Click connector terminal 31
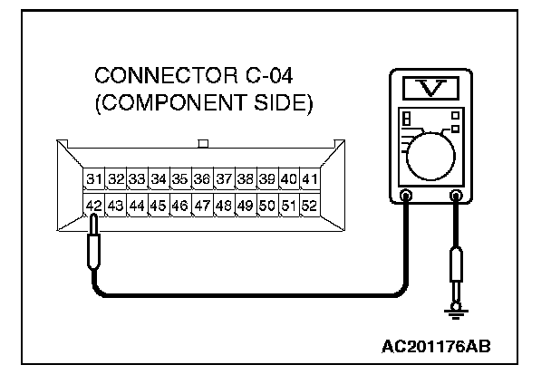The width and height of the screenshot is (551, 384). click(x=94, y=179)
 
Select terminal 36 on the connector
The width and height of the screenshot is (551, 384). click(x=202, y=179)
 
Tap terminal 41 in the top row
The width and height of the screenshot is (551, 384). click(x=310, y=179)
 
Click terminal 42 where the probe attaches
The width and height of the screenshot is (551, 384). click(x=93, y=206)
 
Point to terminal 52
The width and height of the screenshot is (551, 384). click(x=309, y=206)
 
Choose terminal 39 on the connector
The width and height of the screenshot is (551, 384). click(x=266, y=179)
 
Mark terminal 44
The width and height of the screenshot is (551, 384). click(x=137, y=206)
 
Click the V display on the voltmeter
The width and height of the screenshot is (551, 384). click(x=431, y=88)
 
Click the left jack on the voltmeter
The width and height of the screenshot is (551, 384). click(x=406, y=195)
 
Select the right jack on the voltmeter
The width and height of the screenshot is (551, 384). click(x=456, y=195)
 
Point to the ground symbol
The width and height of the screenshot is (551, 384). click(x=457, y=312)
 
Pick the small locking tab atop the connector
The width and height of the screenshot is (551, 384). click(x=203, y=142)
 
